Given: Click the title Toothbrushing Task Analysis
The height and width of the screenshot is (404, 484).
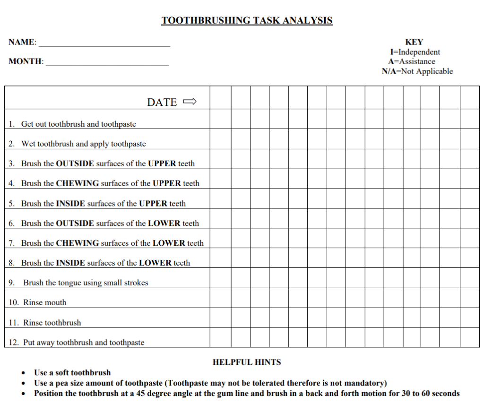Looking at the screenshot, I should pos(247,20).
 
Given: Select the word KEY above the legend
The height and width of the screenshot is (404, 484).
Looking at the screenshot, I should pos(414,42).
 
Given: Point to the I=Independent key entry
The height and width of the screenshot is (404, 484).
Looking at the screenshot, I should pos(415,52).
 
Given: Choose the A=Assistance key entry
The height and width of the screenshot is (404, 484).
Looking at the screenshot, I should pos(411,61).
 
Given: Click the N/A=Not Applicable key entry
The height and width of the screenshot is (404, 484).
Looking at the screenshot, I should pos(417,71).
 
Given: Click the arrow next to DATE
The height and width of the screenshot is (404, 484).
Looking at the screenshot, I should pos(189,102).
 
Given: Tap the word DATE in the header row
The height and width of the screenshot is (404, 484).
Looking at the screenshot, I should pos(162,102).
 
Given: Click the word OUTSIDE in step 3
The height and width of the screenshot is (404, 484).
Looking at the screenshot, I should pos(75,163).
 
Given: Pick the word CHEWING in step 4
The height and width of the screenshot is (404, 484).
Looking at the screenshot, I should pos(78,183).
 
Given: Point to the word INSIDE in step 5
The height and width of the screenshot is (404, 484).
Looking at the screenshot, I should pos(70,204).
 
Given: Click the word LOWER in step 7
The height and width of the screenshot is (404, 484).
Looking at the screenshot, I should pos(169,243).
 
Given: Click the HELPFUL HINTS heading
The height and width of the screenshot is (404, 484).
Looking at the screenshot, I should pos(247,362).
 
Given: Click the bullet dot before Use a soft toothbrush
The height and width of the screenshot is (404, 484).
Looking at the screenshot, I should pos(24,373).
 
